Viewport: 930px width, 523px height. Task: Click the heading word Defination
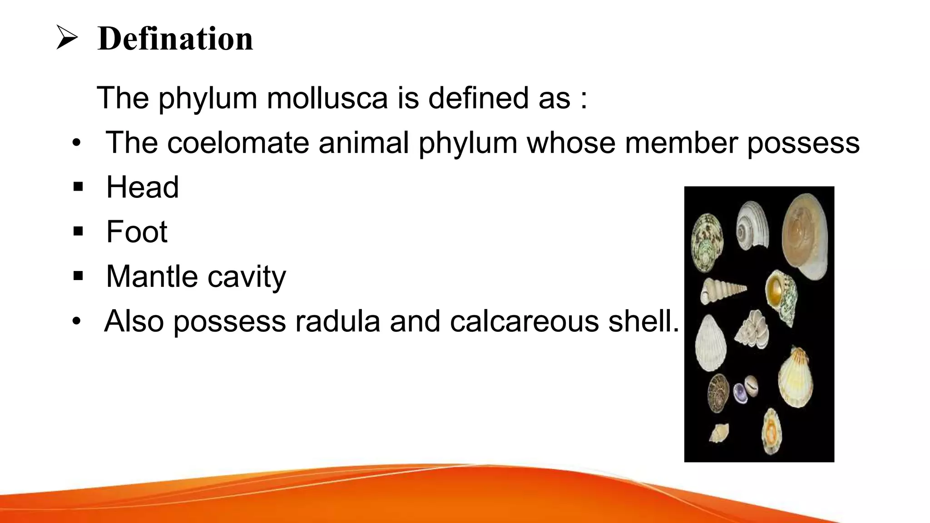(x=175, y=39)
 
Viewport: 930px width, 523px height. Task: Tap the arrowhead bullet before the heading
(x=67, y=38)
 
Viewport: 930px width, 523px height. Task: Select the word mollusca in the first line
(x=327, y=98)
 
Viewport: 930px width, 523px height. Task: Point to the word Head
(x=142, y=187)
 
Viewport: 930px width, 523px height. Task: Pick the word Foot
(x=137, y=232)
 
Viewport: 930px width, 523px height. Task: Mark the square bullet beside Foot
(x=78, y=232)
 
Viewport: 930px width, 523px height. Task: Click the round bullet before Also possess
(x=76, y=321)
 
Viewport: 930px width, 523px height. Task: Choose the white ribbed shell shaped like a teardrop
(x=710, y=344)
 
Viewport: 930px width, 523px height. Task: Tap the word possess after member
(x=803, y=143)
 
